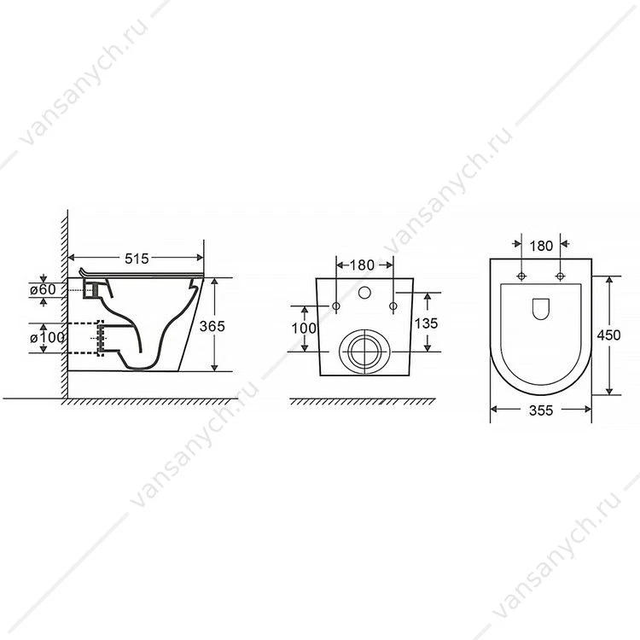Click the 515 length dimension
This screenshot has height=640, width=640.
click(x=137, y=259)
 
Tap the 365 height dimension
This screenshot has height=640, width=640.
click(x=212, y=326)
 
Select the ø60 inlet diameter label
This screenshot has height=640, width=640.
click(x=43, y=289)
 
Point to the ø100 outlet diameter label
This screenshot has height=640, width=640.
click(x=47, y=338)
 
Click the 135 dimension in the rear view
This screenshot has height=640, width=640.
click(x=426, y=323)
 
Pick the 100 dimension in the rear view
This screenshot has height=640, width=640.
click(x=304, y=329)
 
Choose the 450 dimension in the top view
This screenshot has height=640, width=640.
click(x=608, y=335)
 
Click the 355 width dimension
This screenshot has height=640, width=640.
click(x=541, y=410)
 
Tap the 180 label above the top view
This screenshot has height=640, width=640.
click(x=541, y=246)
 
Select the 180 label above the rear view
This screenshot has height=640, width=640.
click(x=362, y=265)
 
